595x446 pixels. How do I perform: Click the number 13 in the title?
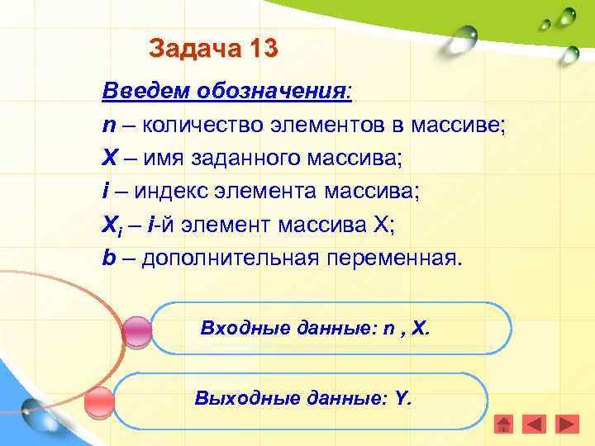[261, 48]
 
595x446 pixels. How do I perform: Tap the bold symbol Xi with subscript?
[112, 225]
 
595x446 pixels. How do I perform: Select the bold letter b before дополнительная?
[108, 258]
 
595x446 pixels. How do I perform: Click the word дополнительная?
[231, 258]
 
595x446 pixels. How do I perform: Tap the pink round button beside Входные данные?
[136, 331]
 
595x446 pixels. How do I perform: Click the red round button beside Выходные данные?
[99, 401]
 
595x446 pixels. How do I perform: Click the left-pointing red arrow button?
[535, 424]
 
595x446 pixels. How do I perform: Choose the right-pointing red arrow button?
[567, 424]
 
